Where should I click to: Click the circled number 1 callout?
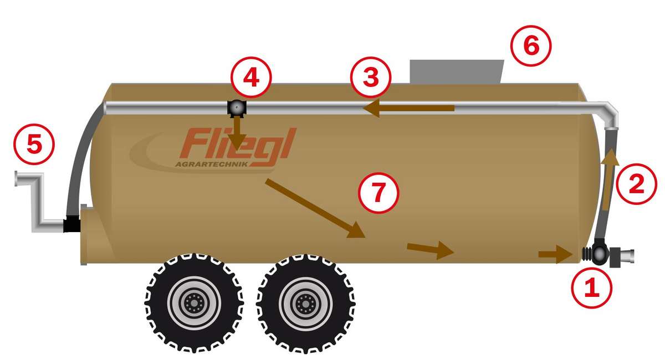pos(592,287)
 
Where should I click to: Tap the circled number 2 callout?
pos(637,184)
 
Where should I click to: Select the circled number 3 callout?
pos(371,77)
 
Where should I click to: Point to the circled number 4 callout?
pos(251,77)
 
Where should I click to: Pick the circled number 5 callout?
pos(34,144)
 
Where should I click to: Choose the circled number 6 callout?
pos(531,46)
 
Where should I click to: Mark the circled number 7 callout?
pos(378,193)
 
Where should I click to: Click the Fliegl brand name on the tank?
pos(238,144)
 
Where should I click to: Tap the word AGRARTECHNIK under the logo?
pos(211,164)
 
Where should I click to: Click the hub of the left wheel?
pos(194,304)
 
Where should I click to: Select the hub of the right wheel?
pos(305,304)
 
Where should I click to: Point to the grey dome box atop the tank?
pos(457,71)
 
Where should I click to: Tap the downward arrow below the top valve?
pos(237,133)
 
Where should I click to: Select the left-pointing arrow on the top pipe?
pos(409,108)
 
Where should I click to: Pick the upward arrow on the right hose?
pos(608,180)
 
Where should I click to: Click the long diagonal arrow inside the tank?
pos(315,208)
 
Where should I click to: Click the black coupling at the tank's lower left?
pos(71,224)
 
